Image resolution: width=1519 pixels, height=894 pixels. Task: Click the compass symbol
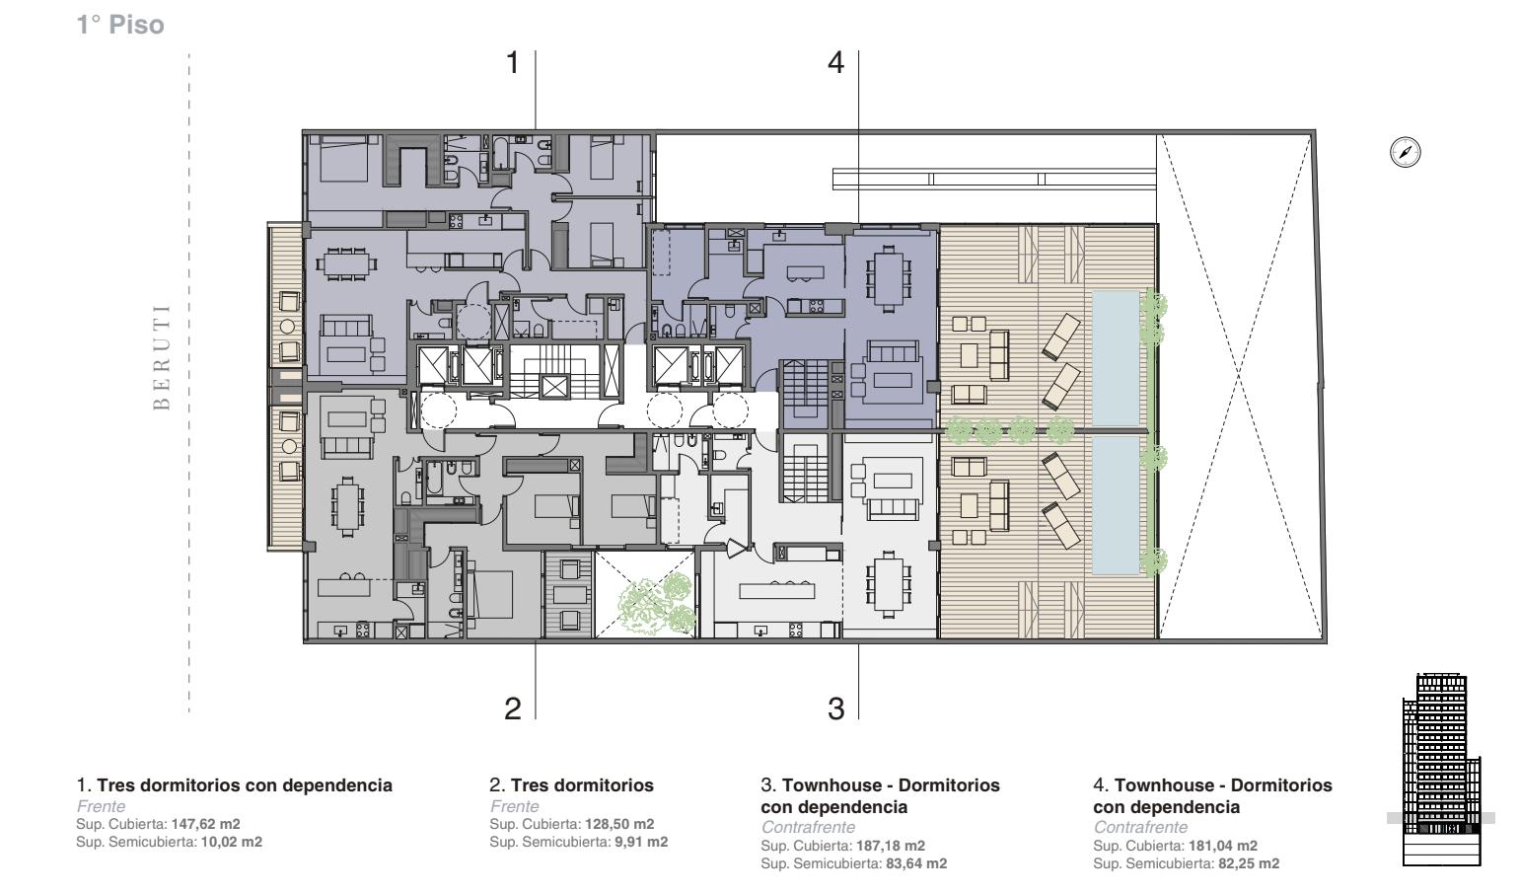1405,152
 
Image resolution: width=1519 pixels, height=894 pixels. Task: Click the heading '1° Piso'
120,25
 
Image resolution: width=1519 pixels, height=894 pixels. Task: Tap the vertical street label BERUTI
162,357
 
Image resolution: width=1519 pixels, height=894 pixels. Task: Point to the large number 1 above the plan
513,62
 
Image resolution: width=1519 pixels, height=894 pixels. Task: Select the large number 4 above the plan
836,62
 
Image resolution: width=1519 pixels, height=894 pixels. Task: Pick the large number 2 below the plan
513,708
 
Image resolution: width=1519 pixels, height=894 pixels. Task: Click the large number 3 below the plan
836,708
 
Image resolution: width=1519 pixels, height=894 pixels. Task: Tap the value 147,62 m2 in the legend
205,824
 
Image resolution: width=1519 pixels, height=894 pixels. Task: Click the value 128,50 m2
619,824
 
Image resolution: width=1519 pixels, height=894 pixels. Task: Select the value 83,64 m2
916,863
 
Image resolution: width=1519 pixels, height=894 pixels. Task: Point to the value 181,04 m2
1223,846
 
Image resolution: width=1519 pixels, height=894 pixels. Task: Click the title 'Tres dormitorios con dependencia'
245,785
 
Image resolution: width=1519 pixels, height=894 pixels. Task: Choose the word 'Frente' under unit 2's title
515,806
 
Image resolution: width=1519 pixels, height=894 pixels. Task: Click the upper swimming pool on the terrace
1116,358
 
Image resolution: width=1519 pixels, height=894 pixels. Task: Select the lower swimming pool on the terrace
1116,505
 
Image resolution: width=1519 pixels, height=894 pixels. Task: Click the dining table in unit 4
888,279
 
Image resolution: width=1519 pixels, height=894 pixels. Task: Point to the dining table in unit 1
346,263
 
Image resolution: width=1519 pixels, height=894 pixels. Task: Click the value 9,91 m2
641,842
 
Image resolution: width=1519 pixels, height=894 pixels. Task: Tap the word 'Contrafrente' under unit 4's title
1140,827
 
